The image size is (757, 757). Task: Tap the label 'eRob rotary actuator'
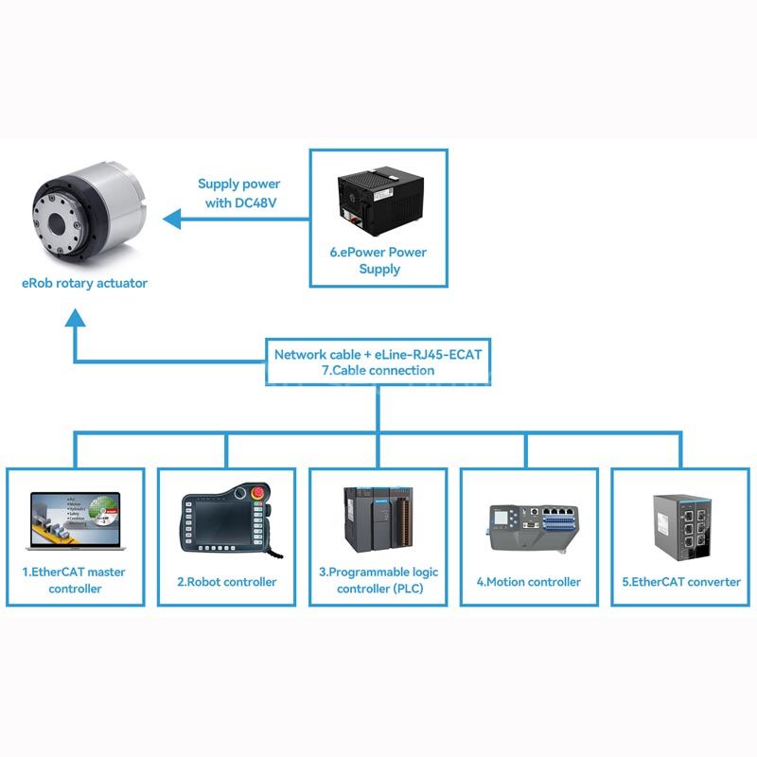click(84, 283)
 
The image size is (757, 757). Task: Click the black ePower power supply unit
click(380, 201)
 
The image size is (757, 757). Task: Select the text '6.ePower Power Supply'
click(378, 261)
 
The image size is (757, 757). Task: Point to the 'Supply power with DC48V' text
click(239, 193)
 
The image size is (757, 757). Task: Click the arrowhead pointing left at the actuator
click(172, 220)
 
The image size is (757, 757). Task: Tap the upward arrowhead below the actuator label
click(76, 318)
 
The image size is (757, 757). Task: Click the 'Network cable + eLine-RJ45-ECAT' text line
click(378, 355)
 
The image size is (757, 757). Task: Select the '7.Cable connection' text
click(378, 371)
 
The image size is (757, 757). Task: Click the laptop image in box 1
click(76, 521)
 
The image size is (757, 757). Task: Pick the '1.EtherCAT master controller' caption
click(75, 580)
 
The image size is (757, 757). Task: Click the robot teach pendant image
click(227, 519)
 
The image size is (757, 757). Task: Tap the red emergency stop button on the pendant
click(258, 492)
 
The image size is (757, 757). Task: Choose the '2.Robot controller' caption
click(227, 582)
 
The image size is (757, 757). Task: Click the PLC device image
click(378, 519)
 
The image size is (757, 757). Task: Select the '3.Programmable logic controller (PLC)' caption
click(379, 580)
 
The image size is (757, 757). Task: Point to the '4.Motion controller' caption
click(529, 582)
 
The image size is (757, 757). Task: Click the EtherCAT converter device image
click(682, 527)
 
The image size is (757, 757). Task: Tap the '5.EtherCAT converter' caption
click(681, 582)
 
